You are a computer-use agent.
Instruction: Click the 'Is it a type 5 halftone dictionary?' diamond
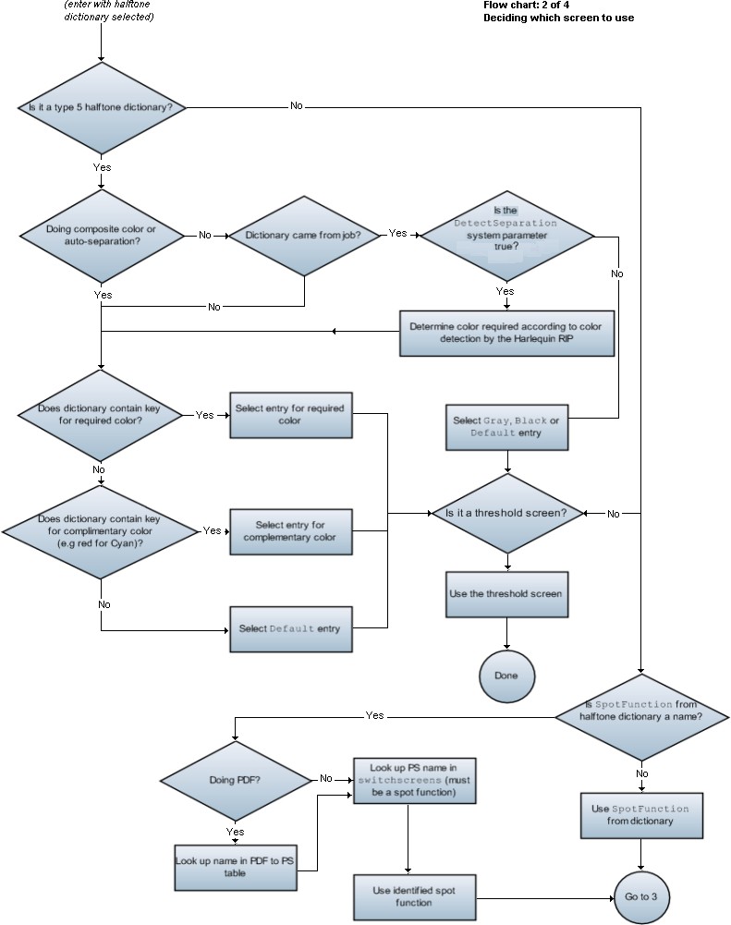click(x=102, y=107)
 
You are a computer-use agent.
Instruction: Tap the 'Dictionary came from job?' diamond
click(x=303, y=235)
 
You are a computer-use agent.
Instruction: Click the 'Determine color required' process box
click(x=506, y=333)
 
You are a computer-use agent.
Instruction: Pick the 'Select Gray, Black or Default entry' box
click(x=506, y=427)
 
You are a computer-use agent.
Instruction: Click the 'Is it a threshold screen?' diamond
click(x=506, y=514)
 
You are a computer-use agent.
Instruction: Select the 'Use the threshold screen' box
click(x=506, y=593)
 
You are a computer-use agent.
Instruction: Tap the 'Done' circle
click(x=506, y=675)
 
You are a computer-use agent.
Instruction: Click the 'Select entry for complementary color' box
click(x=290, y=531)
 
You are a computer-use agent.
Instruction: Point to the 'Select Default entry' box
click(x=290, y=629)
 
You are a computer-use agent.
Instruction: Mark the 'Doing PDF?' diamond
click(x=235, y=780)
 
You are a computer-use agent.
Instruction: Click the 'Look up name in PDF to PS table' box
click(x=235, y=866)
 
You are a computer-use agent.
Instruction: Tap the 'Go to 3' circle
click(x=640, y=897)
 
